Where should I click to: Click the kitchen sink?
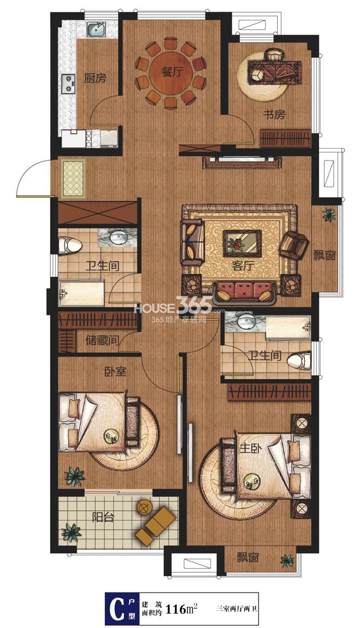[x=96, y=30]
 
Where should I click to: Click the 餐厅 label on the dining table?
[x=171, y=72]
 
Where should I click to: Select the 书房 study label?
[x=274, y=115]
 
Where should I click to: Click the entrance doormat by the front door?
[x=73, y=179]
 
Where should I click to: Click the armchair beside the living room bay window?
[x=293, y=245]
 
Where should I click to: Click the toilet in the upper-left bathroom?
[x=70, y=245]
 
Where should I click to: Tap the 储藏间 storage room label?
[x=102, y=341]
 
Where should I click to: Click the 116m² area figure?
[x=181, y=609]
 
